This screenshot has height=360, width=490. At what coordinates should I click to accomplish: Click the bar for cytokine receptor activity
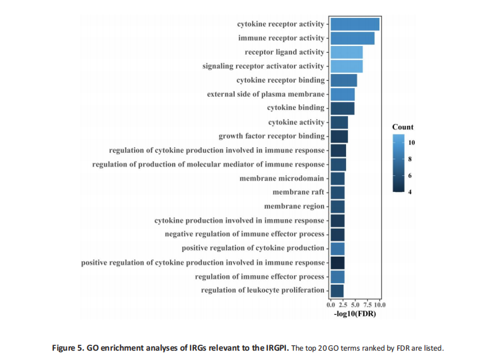pyautogui.click(x=355, y=24)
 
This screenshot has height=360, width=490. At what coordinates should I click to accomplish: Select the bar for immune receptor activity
pyautogui.click(x=352, y=38)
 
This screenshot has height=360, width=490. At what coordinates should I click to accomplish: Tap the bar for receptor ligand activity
pyautogui.click(x=346, y=52)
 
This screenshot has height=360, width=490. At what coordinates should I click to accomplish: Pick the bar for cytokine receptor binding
pyautogui.click(x=343, y=80)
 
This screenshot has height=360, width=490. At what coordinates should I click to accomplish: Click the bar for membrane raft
pyautogui.click(x=337, y=192)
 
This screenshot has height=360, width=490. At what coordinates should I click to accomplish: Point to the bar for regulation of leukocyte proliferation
pyautogui.click(x=337, y=290)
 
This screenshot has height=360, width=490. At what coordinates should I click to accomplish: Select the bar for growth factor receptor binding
pyautogui.click(x=339, y=136)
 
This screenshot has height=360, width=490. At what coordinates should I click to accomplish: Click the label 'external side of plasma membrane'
pyautogui.click(x=265, y=94)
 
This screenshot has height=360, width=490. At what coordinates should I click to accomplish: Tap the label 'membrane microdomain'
pyautogui.click(x=282, y=178)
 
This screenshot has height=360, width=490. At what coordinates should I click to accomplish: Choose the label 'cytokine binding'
pyautogui.click(x=295, y=108)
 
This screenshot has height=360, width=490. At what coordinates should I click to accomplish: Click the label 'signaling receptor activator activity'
pyautogui.click(x=263, y=66)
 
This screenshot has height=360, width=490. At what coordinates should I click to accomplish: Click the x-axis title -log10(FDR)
pyautogui.click(x=355, y=313)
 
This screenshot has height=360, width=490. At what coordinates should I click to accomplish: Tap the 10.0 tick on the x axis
pyautogui.click(x=379, y=304)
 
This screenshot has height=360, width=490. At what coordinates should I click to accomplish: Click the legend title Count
pyautogui.click(x=403, y=127)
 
